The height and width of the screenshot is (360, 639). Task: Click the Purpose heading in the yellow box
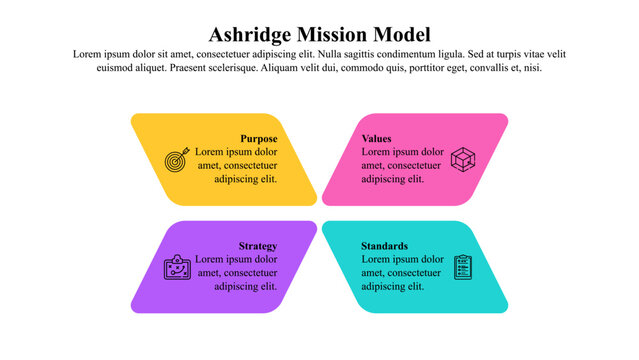(258, 138)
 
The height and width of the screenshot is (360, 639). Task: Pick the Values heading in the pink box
(377, 138)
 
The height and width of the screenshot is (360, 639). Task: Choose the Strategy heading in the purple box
(257, 246)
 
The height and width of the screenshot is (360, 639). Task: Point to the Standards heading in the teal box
(385, 246)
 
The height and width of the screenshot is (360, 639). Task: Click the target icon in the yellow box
(176, 159)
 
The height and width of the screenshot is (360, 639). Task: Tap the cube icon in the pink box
(463, 159)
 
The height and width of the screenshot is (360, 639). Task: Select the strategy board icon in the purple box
(176, 267)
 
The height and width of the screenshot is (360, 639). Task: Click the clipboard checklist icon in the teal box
(463, 267)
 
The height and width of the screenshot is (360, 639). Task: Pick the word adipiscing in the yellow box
(237, 180)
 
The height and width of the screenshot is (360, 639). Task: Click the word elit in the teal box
(415, 287)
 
